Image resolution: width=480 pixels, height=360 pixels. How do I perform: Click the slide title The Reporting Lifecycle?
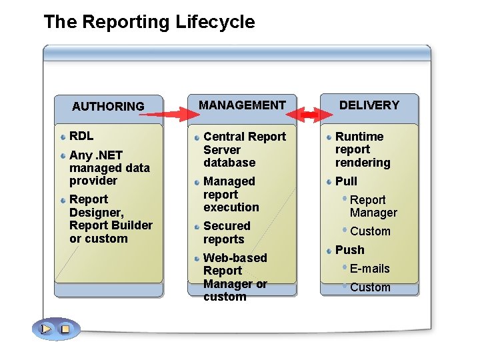tap(149, 22)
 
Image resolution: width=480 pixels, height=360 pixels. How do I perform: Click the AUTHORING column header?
tap(108, 106)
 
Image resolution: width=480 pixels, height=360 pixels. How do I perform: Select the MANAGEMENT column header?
tap(242, 105)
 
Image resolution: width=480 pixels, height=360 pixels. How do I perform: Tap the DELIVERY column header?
tap(369, 105)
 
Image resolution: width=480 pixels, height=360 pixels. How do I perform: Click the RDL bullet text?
tap(81, 136)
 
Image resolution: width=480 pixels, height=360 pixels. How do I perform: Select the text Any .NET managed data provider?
tap(109, 167)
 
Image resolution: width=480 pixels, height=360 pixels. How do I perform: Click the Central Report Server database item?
tap(244, 149)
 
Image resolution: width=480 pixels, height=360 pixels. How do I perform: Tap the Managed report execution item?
tap(231, 194)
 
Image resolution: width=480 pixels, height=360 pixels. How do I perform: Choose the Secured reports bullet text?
tap(227, 233)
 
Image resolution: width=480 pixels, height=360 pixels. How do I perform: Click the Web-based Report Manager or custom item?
tap(235, 277)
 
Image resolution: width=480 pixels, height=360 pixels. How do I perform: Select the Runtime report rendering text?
tap(362, 149)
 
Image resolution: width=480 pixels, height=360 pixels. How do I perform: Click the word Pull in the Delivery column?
tap(346, 181)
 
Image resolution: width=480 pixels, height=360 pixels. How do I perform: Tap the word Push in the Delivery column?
tap(349, 250)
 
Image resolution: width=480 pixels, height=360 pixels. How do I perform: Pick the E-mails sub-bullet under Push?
tap(369, 269)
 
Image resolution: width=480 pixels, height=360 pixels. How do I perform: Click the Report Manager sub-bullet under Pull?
tap(373, 206)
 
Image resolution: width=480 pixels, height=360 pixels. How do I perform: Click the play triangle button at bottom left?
tap(46, 329)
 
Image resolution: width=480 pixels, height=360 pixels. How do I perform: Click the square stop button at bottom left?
tap(65, 329)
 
